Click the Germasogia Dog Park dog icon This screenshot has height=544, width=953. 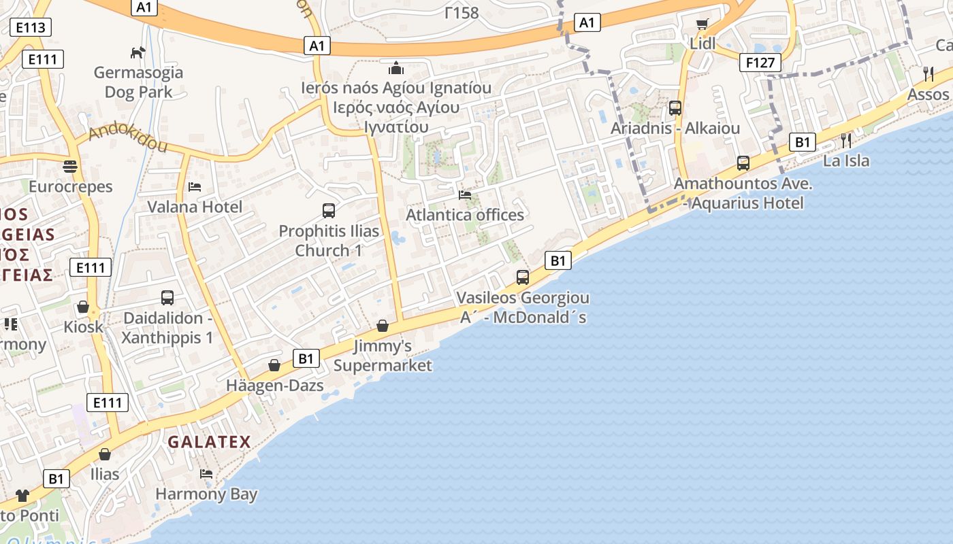[138, 52]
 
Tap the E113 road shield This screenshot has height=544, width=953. [31, 27]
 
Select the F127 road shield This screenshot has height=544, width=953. [760, 63]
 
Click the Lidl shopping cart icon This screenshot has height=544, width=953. [702, 24]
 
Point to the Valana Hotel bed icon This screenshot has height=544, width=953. [195, 186]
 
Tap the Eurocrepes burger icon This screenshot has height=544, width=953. [69, 166]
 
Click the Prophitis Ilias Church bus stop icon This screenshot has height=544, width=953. [329, 211]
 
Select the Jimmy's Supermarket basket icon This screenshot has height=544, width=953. [383, 326]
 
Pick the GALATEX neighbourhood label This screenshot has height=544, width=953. [210, 442]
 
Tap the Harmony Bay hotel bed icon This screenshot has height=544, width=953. [206, 473]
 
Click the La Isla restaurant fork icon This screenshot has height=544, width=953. [846, 141]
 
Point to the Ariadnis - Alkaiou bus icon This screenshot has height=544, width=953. [675, 108]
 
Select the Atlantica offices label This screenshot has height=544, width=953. [465, 215]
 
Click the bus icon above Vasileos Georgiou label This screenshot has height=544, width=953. [523, 277]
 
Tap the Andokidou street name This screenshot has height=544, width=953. [128, 137]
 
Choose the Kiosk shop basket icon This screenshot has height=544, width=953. [83, 307]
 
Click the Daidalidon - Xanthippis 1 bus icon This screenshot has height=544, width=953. [167, 298]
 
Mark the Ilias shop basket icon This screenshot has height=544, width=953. [105, 454]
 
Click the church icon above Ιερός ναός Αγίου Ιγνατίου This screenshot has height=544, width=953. [396, 68]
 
